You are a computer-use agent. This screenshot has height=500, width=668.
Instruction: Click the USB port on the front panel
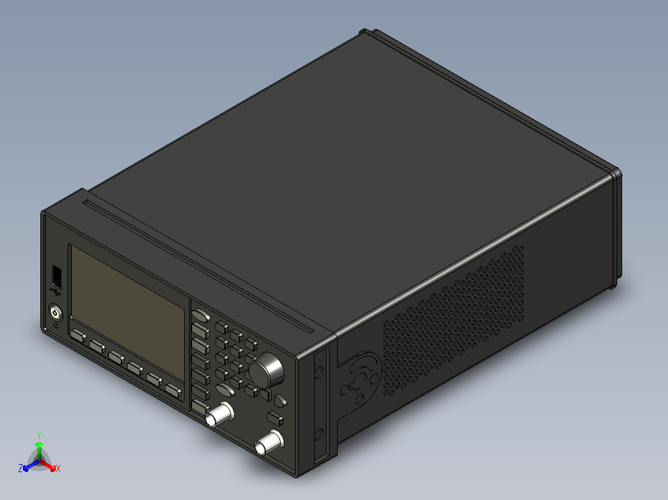(x=56, y=275)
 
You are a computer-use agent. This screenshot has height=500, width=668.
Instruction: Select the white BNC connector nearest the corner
(x=269, y=442)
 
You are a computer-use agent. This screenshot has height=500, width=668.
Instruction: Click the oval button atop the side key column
(x=200, y=316)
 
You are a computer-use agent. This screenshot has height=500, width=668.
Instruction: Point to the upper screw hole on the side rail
(x=319, y=372)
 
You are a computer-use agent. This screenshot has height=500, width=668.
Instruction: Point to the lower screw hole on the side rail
(x=319, y=433)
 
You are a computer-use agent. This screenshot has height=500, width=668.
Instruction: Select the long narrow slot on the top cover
(x=204, y=261)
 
